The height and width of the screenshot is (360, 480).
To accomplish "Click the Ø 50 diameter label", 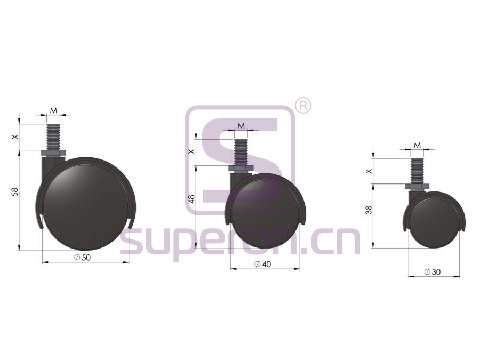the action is tap(82, 258).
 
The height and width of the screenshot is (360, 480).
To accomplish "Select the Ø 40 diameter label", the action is tap(262, 264).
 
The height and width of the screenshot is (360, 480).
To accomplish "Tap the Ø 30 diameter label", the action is tap(433, 272).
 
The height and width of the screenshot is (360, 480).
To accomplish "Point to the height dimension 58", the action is tap(15, 192).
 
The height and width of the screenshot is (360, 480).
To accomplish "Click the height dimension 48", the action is tap(191, 199).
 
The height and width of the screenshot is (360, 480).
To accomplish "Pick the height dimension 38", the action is tap(369, 210).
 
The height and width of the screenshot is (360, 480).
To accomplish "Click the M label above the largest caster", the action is tap(53, 110).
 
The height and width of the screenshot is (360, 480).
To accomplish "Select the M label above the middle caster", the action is tap(242, 126).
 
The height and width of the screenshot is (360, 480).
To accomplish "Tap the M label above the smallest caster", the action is tap(417, 145).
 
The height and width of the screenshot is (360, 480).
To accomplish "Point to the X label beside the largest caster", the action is tap(15, 137).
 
